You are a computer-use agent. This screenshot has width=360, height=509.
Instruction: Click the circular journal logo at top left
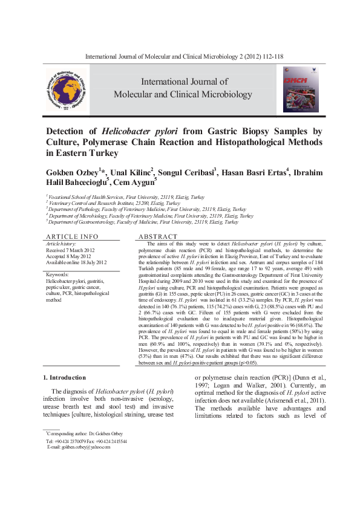click(x=70, y=89)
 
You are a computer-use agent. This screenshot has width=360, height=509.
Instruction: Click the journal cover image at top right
click(x=300, y=89)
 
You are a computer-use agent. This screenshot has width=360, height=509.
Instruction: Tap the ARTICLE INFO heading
click(x=73, y=236)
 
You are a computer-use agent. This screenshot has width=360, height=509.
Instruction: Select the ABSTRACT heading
click(x=159, y=236)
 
